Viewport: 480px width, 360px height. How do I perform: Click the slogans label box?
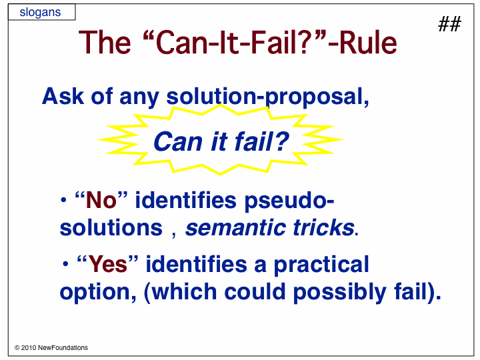pos(41,12)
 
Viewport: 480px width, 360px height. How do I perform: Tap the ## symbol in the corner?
pos(449,24)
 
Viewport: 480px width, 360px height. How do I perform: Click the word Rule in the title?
pos(369,43)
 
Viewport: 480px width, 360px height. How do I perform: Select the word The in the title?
pos(105,43)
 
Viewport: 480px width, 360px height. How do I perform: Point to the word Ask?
pos(63,97)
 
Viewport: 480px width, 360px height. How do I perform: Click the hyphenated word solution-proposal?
pos(268,98)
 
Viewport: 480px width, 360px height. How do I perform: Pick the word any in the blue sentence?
pos(139,99)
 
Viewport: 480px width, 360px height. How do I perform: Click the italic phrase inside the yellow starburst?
pos(221,142)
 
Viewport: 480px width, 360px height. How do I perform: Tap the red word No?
pos(101,201)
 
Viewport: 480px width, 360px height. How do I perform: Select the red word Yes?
pos(108,264)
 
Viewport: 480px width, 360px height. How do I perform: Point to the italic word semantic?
pos(236,228)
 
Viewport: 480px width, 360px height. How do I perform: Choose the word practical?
pos(321,265)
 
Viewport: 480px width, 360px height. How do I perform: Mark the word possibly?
pos(340,293)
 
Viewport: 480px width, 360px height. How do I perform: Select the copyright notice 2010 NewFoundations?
pos(51,348)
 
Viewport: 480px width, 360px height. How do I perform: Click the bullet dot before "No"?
pos(63,200)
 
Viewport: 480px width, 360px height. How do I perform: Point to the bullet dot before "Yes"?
pos(65,263)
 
